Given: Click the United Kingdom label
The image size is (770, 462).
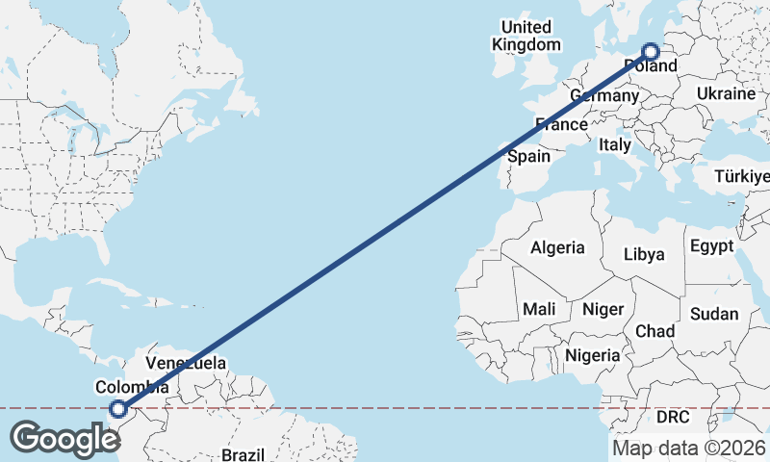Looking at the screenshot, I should (526, 36).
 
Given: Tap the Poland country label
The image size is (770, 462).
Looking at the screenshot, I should (652, 66).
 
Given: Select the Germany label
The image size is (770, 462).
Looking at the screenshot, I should (604, 96).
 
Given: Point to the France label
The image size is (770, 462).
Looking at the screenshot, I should (561, 124).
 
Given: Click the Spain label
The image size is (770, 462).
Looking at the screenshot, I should (528, 156).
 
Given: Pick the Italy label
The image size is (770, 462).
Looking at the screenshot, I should (615, 144).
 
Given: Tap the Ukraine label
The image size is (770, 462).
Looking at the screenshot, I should (726, 94).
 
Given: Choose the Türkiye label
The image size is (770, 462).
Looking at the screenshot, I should (742, 176).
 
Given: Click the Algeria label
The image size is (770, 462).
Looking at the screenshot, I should (557, 247).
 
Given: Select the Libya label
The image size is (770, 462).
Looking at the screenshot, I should (645, 255).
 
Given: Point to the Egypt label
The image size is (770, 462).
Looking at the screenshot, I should (713, 245).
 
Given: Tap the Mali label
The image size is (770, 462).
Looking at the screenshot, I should (539, 309).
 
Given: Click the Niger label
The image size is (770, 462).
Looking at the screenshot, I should (603, 309).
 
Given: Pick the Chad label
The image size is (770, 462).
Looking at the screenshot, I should (654, 330).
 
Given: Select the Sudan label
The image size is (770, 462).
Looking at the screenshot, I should (714, 314).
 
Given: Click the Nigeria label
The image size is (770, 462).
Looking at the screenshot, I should (593, 355).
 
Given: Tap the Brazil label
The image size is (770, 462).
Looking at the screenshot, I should (242, 454).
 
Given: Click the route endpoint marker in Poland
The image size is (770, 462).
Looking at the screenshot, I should (651, 52).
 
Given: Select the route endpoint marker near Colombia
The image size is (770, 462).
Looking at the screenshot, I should (117, 409).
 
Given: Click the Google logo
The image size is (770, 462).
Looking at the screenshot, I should (64, 439).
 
